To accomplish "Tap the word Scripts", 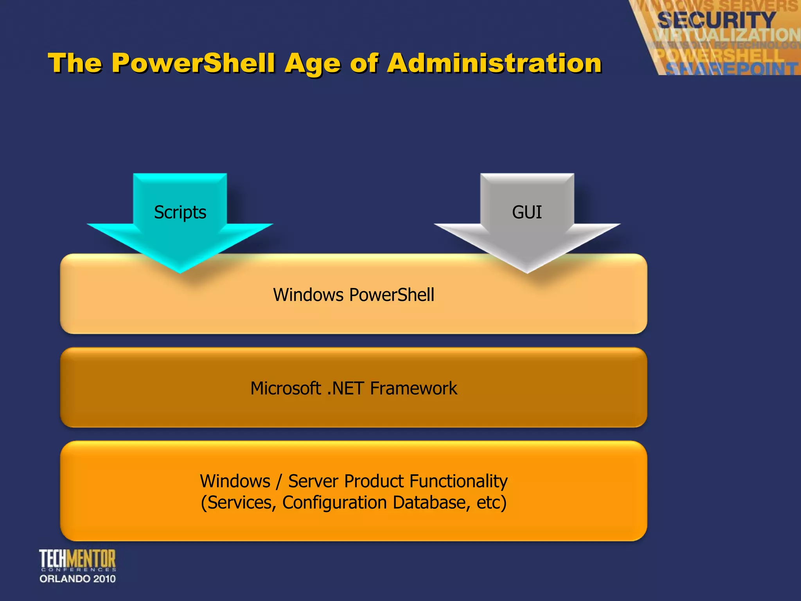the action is (x=180, y=212).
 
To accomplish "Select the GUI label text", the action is (x=527, y=212).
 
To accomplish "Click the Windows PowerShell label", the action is (x=354, y=295).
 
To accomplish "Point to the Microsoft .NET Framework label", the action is (x=354, y=388).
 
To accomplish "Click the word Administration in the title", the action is (x=494, y=63).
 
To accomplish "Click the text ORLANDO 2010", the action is (x=77, y=579).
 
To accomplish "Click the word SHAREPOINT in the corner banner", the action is (x=731, y=69).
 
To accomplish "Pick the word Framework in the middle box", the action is (x=413, y=388).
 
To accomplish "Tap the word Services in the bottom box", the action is (x=239, y=502).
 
